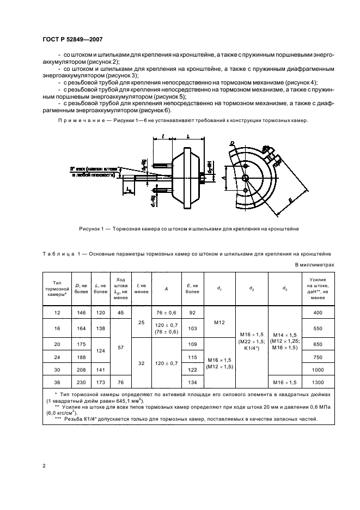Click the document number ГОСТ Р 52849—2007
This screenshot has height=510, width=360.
click(72, 39)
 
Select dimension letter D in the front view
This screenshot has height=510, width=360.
click(232, 143)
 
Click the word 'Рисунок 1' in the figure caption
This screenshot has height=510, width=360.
click(92, 229)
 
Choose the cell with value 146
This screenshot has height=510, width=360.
click(81, 312)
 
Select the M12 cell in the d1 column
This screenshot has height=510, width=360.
click(219, 323)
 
